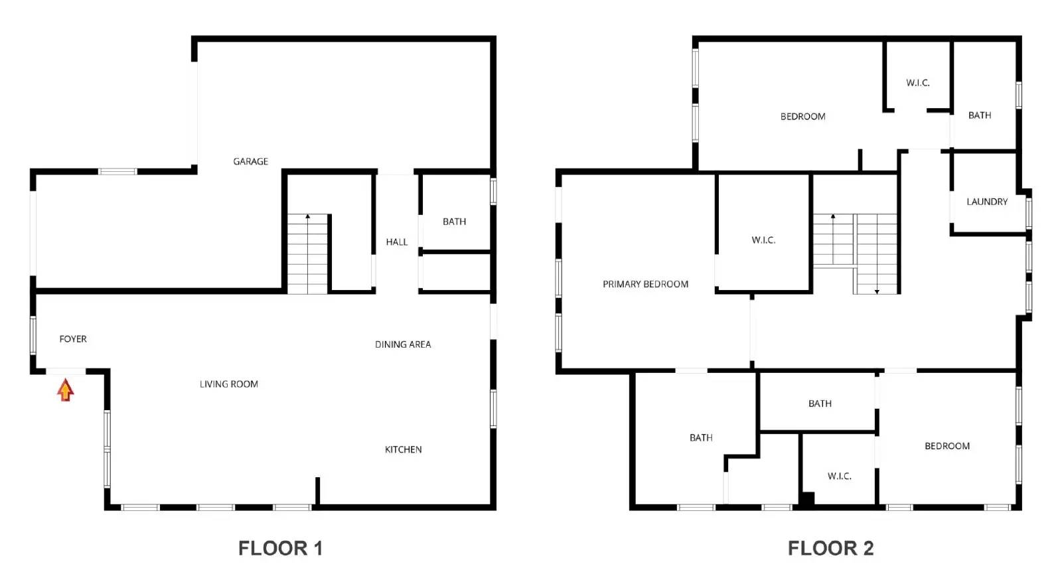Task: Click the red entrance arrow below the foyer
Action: (65, 390)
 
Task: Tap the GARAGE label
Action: (250, 161)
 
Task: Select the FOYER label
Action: (73, 339)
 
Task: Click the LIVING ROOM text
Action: (229, 384)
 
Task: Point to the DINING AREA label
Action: (403, 344)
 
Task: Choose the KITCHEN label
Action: (403, 449)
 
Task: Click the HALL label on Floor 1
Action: (396, 242)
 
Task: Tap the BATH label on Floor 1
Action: (454, 222)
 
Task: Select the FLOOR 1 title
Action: (280, 548)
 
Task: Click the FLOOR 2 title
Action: (830, 548)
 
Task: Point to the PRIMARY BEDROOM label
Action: (645, 284)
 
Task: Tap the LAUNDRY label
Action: (987, 202)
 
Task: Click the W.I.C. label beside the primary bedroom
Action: (763, 240)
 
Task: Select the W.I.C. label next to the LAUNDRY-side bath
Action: (917, 83)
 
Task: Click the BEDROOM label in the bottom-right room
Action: (947, 446)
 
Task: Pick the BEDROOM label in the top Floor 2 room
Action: (802, 117)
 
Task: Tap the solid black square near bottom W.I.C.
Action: (806, 499)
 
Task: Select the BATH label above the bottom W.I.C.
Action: (820, 403)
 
